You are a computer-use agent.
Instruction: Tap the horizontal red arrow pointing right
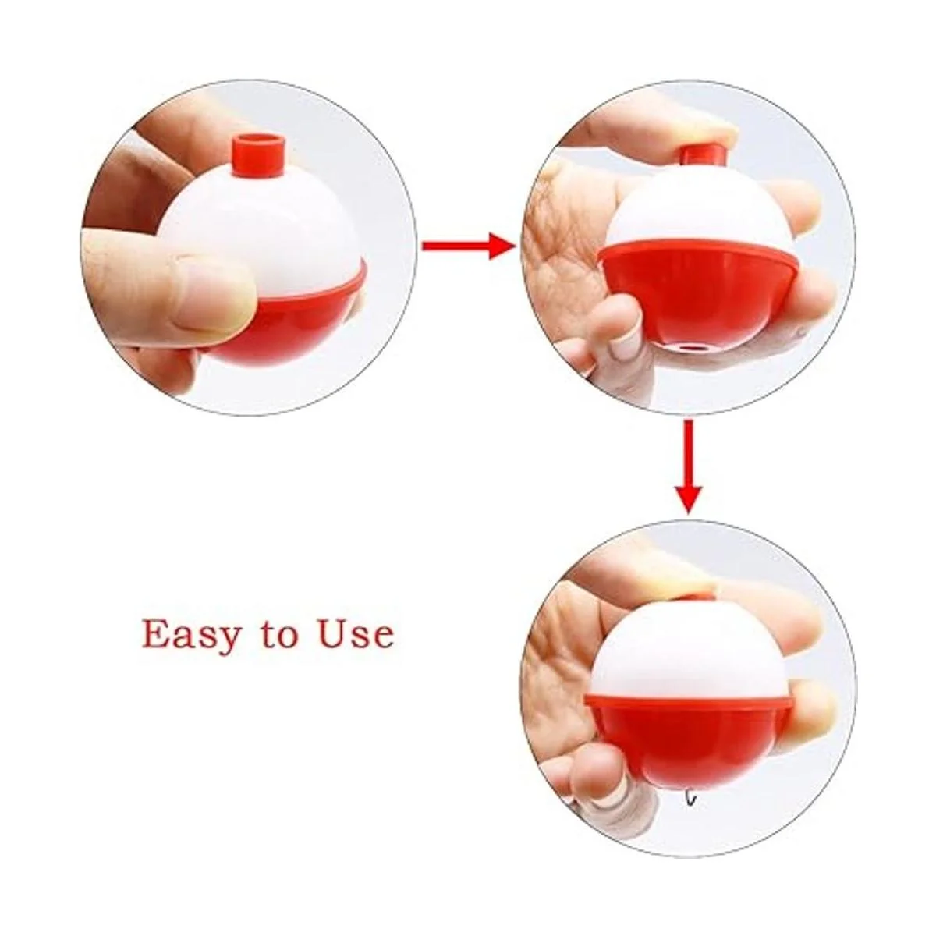coord(468,246)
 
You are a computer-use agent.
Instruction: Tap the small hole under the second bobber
coord(688,347)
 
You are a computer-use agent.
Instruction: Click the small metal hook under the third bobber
coord(690,799)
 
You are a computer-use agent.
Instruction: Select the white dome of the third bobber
coord(690,651)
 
